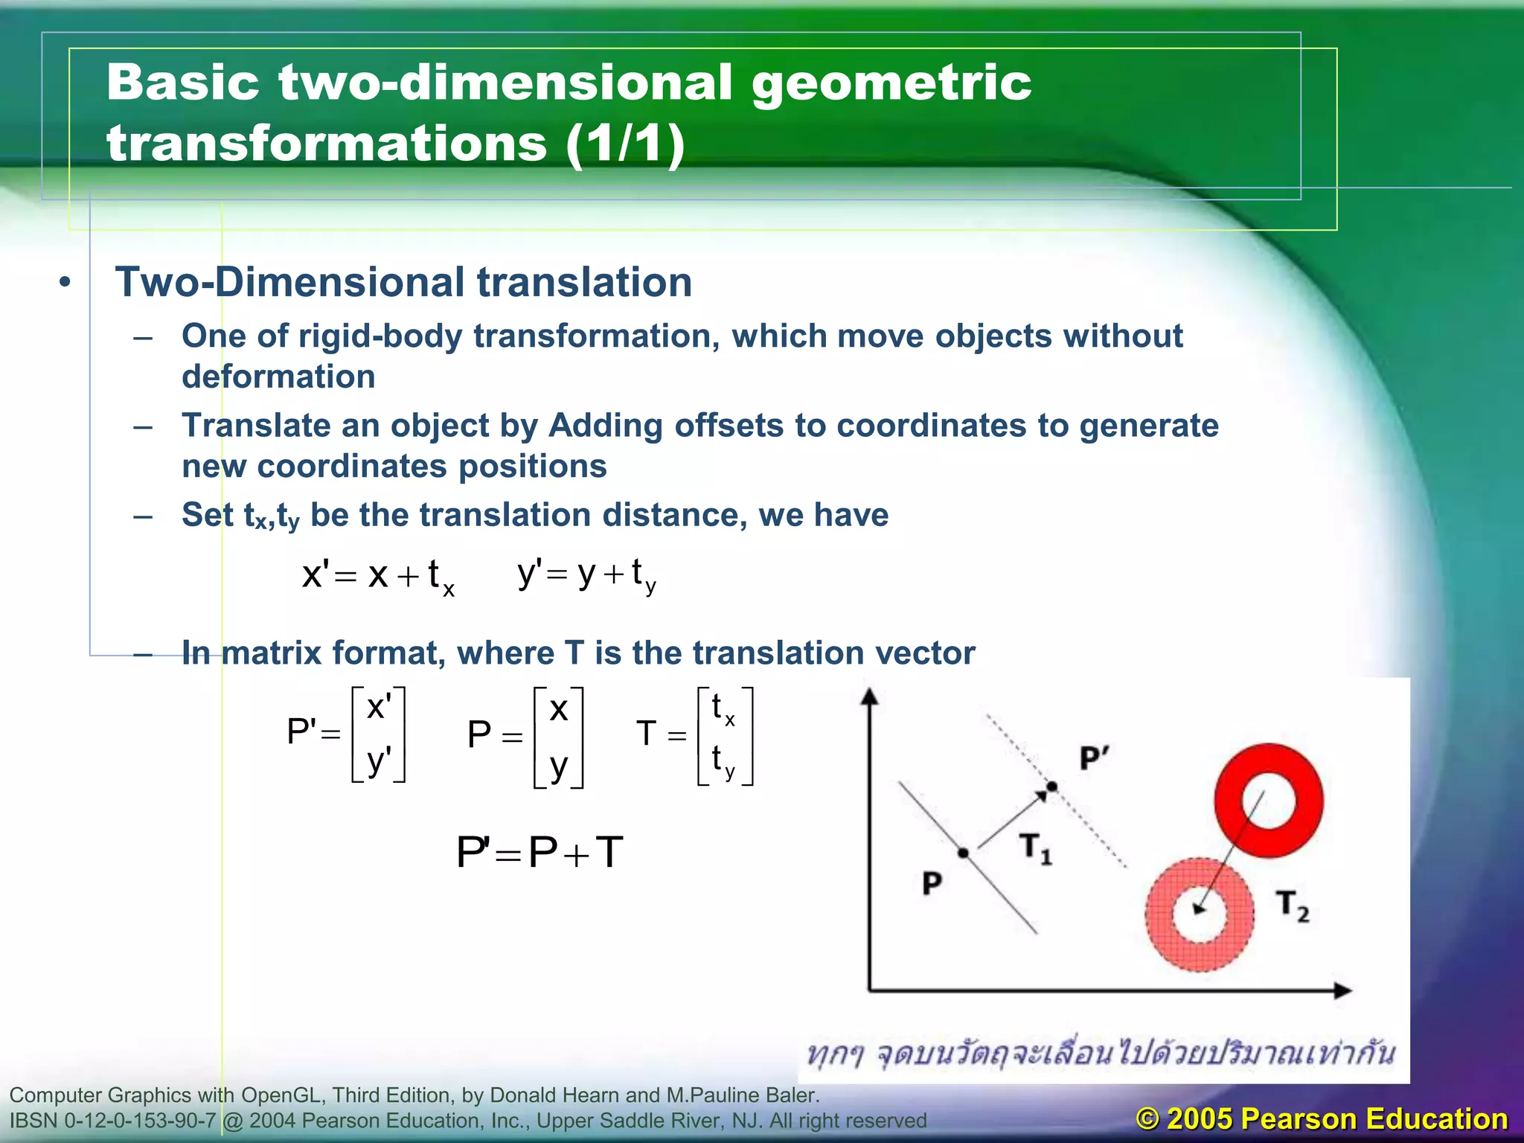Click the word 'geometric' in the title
(x=891, y=83)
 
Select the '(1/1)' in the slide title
(x=625, y=144)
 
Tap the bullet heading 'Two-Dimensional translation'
(x=403, y=283)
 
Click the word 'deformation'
(x=278, y=377)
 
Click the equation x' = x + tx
(x=378, y=576)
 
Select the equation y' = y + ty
(x=586, y=574)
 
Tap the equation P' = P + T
(x=540, y=853)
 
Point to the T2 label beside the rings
(x=1292, y=906)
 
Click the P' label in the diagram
(x=1094, y=759)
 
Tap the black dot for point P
(x=963, y=853)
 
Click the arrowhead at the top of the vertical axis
(x=869, y=697)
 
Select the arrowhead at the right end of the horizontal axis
(x=1342, y=990)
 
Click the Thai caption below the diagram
(x=1101, y=1054)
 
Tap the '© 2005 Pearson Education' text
(x=1322, y=1118)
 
